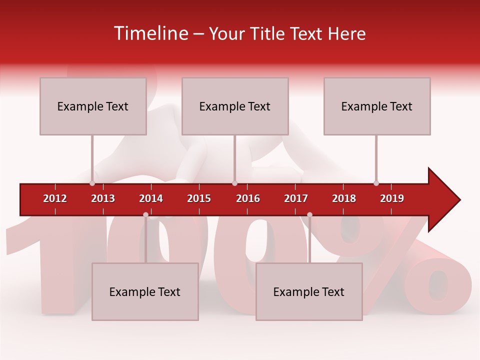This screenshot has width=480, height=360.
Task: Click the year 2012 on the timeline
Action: tap(55, 198)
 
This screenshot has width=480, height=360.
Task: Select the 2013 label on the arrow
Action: tap(103, 198)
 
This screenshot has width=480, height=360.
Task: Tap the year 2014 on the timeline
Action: tap(151, 198)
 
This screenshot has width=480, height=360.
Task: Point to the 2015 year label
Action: tap(199, 198)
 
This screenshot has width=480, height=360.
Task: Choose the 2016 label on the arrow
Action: tap(248, 198)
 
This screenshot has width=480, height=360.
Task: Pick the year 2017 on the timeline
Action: tap(296, 198)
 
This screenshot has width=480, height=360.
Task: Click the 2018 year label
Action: tap(344, 198)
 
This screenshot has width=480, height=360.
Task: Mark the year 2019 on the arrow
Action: tap(392, 198)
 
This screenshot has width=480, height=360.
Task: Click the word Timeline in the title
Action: tap(149, 33)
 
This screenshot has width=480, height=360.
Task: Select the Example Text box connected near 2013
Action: tap(93, 106)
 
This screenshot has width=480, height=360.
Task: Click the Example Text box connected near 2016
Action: tap(235, 106)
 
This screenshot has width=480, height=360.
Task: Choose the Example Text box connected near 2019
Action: tap(377, 106)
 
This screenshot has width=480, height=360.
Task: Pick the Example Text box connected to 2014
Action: tap(145, 291)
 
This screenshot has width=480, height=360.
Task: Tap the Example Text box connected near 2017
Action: tap(309, 291)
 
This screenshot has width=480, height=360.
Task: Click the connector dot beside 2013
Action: tap(92, 183)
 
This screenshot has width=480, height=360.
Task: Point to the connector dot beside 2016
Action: tap(234, 183)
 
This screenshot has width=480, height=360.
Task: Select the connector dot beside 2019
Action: tap(376, 183)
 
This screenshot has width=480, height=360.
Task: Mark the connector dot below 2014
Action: tap(145, 215)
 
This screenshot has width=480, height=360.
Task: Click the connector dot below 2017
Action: tap(309, 215)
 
